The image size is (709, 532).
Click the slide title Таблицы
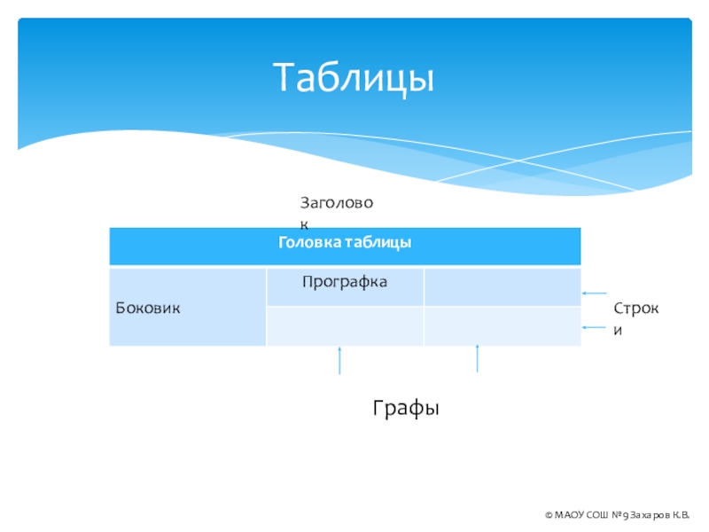(x=353, y=78)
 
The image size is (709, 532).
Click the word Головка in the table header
(x=309, y=242)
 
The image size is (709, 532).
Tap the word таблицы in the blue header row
(x=378, y=242)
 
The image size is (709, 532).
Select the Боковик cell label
(x=148, y=308)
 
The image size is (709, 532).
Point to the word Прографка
(x=345, y=282)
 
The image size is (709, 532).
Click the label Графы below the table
(x=406, y=408)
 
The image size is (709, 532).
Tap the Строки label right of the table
(x=635, y=319)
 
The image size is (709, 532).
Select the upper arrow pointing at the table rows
(x=594, y=293)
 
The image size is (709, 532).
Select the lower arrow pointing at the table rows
(x=594, y=327)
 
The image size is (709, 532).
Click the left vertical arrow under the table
(x=339, y=361)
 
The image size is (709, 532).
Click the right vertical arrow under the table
(x=477, y=358)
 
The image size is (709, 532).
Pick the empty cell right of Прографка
(x=503, y=286)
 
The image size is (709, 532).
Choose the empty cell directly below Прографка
(x=345, y=326)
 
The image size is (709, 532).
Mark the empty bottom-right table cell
(x=503, y=326)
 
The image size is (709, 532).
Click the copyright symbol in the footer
(x=549, y=515)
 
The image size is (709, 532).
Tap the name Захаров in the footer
(x=651, y=515)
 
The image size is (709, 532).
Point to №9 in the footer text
(x=619, y=515)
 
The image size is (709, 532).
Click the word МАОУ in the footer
(x=569, y=515)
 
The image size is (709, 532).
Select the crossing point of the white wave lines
(x=518, y=160)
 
